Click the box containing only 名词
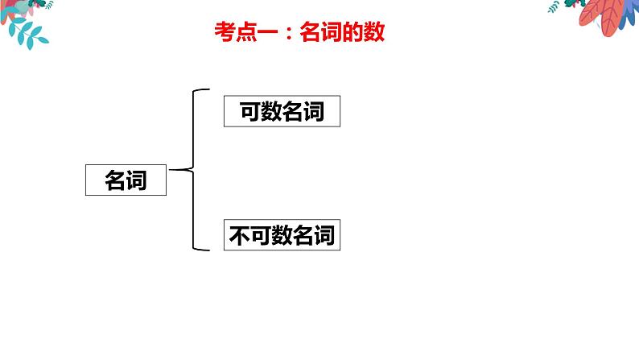(x=126, y=180)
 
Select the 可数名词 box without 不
(x=282, y=111)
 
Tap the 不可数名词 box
(x=282, y=235)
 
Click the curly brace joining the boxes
(x=193, y=170)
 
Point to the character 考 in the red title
(x=225, y=31)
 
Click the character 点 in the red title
(x=246, y=31)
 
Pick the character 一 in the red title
(x=267, y=32)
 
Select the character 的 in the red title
(x=353, y=31)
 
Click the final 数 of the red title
(x=374, y=31)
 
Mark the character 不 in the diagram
(x=240, y=235)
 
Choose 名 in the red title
(x=311, y=31)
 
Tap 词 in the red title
(x=332, y=31)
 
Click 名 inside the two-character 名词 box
(x=115, y=180)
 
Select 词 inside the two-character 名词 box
(x=137, y=180)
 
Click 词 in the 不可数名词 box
(x=324, y=235)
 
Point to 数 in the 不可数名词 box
(x=282, y=235)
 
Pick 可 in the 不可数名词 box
(x=261, y=235)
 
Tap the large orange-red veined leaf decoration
(x=601, y=15)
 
